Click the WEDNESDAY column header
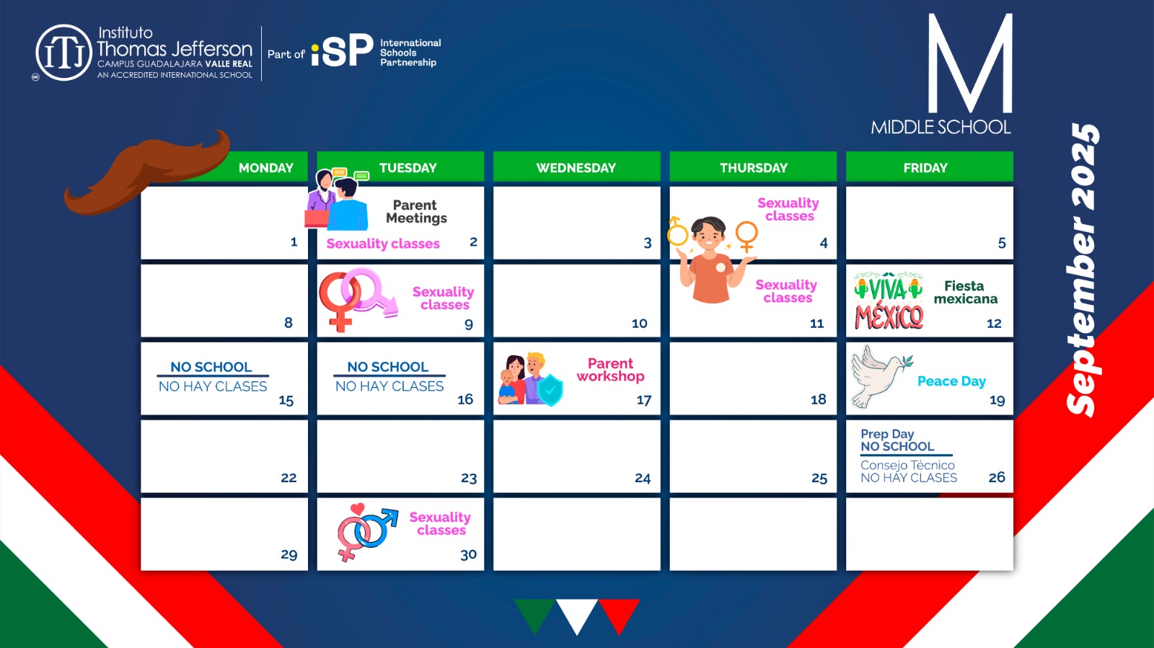click(576, 167)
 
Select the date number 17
click(644, 400)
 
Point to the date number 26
click(996, 477)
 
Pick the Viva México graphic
click(889, 301)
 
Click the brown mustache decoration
click(147, 172)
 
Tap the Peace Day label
click(951, 381)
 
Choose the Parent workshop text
click(610, 370)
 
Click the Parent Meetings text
click(416, 211)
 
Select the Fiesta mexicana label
click(966, 293)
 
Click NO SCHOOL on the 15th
click(211, 367)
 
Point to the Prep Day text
click(887, 434)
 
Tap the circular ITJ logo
click(64, 53)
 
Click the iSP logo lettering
click(342, 50)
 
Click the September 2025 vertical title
click(1083, 270)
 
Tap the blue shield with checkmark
click(550, 390)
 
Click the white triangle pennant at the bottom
click(577, 616)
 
